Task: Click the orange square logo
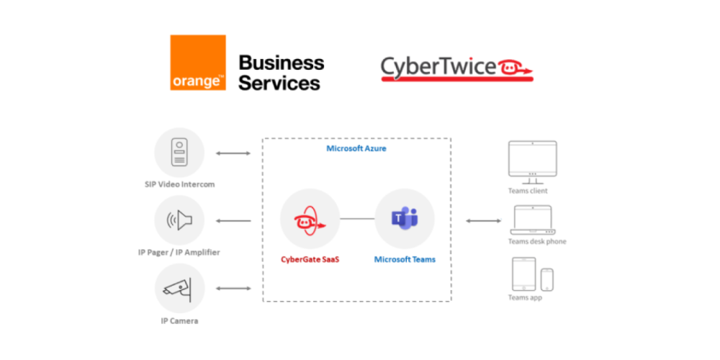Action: pyautogui.click(x=198, y=63)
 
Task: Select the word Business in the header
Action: pyautogui.click(x=281, y=63)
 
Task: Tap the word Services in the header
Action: pyautogui.click(x=279, y=83)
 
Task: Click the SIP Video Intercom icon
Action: pyautogui.click(x=179, y=153)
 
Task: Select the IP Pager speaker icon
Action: pyautogui.click(x=179, y=220)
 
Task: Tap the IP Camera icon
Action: pyautogui.click(x=179, y=288)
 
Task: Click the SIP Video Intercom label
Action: pyautogui.click(x=179, y=184)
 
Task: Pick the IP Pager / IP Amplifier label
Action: pyautogui.click(x=179, y=252)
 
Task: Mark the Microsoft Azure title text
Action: pyautogui.click(x=356, y=148)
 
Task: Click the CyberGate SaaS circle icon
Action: pyautogui.click(x=310, y=219)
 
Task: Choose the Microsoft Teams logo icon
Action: pyautogui.click(x=404, y=219)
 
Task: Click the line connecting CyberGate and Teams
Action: pyautogui.click(x=357, y=219)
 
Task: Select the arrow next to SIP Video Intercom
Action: pyautogui.click(x=233, y=153)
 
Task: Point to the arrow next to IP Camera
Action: pyautogui.click(x=233, y=288)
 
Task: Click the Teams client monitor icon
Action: pyautogui.click(x=532, y=159)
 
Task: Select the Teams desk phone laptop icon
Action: pyautogui.click(x=532, y=220)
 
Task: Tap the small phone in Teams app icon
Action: pyautogui.click(x=547, y=279)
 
